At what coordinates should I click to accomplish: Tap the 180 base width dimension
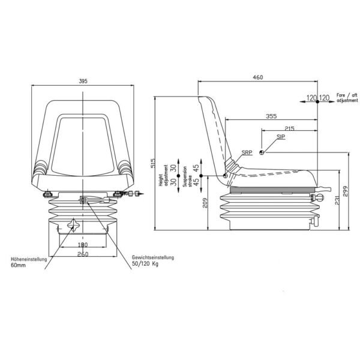tap(83, 245)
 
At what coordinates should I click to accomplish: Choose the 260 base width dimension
tap(83, 254)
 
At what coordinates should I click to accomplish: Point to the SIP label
tap(281, 137)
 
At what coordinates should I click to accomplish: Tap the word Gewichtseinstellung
tap(152, 257)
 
